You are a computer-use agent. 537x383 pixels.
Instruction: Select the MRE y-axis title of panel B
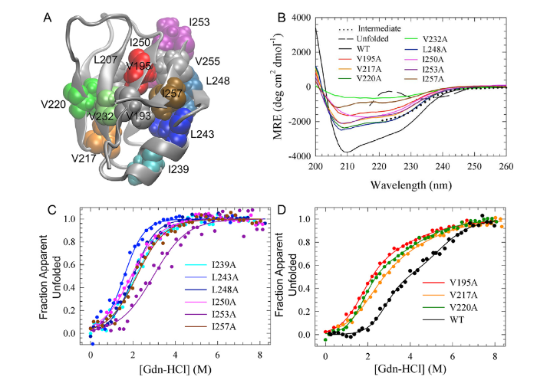pos(269,87)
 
